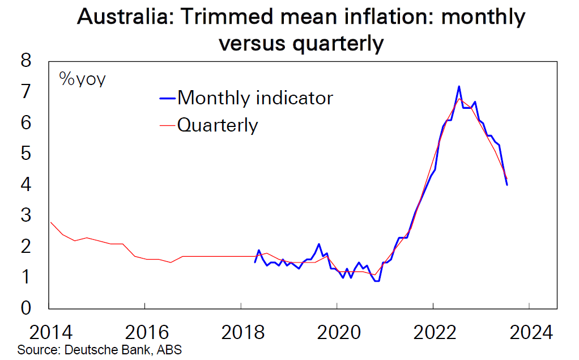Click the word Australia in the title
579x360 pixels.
pos(118,19)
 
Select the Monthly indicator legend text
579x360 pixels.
pos(255,98)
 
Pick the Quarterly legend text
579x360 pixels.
pos(218,125)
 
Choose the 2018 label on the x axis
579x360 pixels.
pos(241,331)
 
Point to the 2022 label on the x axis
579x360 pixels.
pos(433,331)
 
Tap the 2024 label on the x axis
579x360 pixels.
pos(529,331)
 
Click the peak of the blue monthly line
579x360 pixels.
pos(459,87)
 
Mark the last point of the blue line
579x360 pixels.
pos(506,185)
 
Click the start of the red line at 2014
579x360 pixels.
pos(50,222)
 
